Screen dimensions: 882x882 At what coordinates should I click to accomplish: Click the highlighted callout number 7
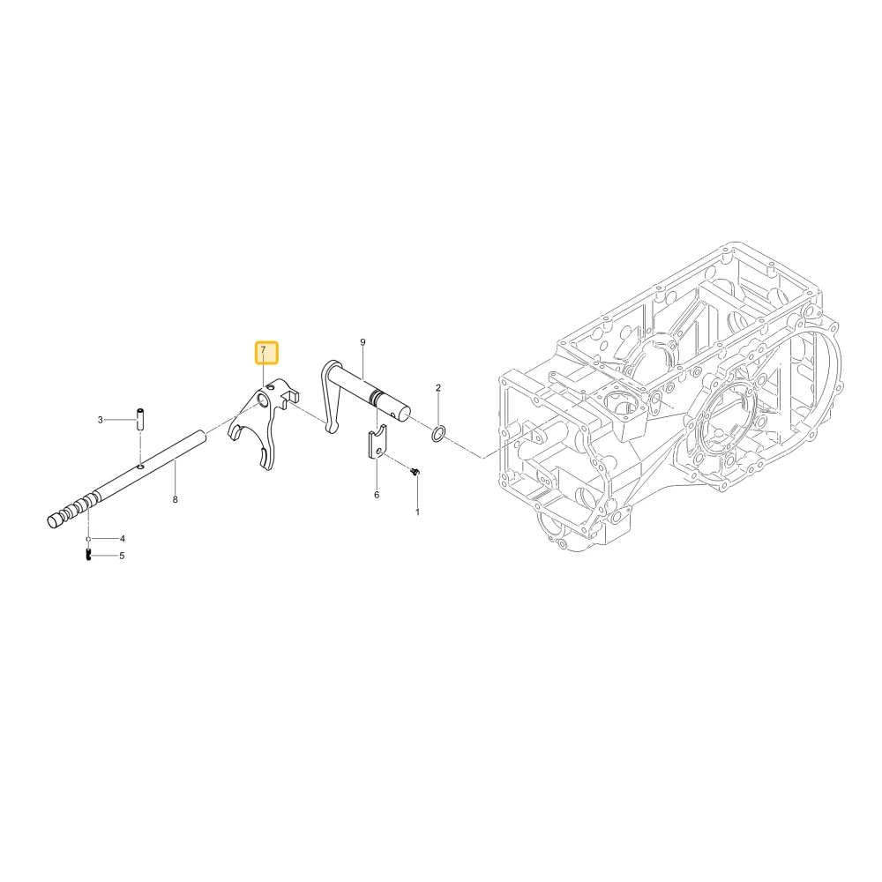[263, 350]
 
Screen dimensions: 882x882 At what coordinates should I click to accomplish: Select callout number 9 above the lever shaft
[363, 342]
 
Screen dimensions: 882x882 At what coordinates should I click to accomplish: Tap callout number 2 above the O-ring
[438, 387]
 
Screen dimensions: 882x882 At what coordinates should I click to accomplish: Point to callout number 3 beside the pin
[101, 420]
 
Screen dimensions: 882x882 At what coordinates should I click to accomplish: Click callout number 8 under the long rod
[175, 499]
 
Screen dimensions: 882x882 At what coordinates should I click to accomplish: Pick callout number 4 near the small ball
[122, 538]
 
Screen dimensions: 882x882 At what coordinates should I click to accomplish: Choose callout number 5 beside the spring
[122, 556]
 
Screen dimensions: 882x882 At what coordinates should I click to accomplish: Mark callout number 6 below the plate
[377, 495]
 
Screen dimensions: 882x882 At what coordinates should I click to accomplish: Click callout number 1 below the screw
[417, 512]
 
